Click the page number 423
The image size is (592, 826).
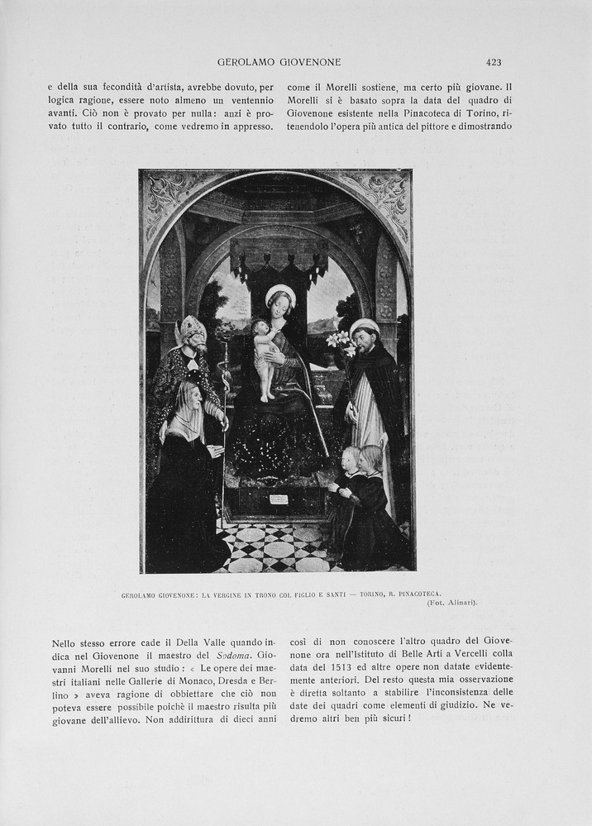[x=494, y=62]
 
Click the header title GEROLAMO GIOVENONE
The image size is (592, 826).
[x=279, y=62]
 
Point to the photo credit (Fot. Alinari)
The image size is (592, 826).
[x=452, y=603]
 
